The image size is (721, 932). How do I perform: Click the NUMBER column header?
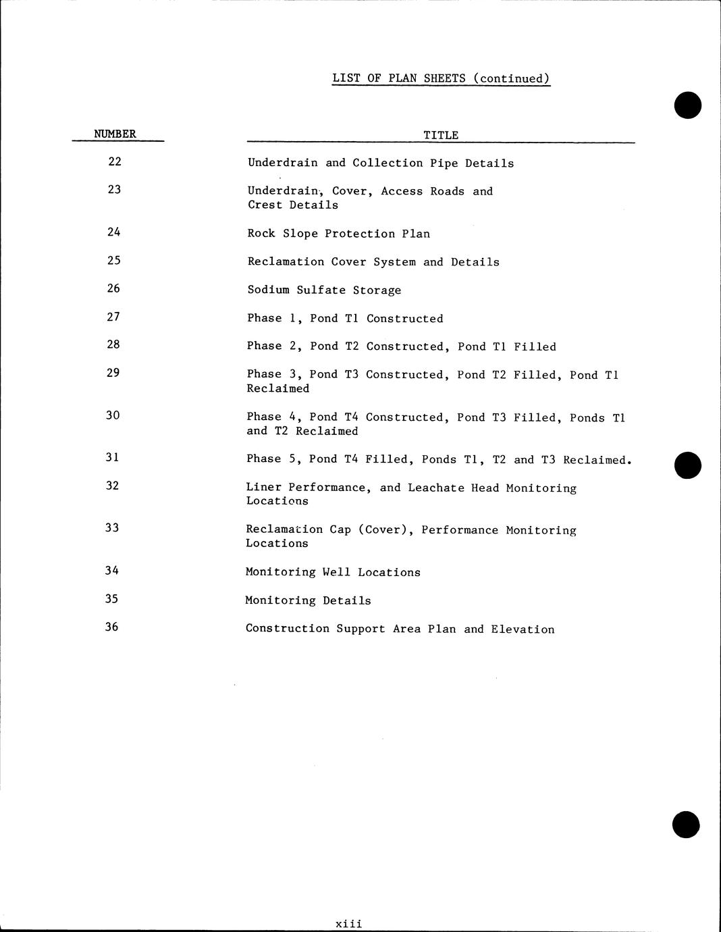[115, 134]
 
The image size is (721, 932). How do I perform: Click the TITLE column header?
[441, 135]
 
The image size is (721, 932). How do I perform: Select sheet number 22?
[115, 161]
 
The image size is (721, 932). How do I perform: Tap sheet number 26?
[113, 288]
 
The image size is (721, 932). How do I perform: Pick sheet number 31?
[113, 457]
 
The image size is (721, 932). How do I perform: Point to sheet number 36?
[111, 627]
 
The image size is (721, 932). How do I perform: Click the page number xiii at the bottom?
[349, 923]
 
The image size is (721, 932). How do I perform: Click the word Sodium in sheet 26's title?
[268, 290]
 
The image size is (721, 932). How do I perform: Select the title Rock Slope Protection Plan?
[338, 234]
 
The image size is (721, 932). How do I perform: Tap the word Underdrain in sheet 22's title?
[282, 163]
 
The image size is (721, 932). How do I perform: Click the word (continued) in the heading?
[512, 78]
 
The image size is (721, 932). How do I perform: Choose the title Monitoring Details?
[308, 600]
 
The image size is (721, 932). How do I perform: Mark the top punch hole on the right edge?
[688, 105]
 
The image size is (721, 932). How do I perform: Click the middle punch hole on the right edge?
[688, 465]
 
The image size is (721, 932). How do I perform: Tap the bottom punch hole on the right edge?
[687, 825]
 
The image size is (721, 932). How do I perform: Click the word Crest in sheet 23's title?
[265, 205]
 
